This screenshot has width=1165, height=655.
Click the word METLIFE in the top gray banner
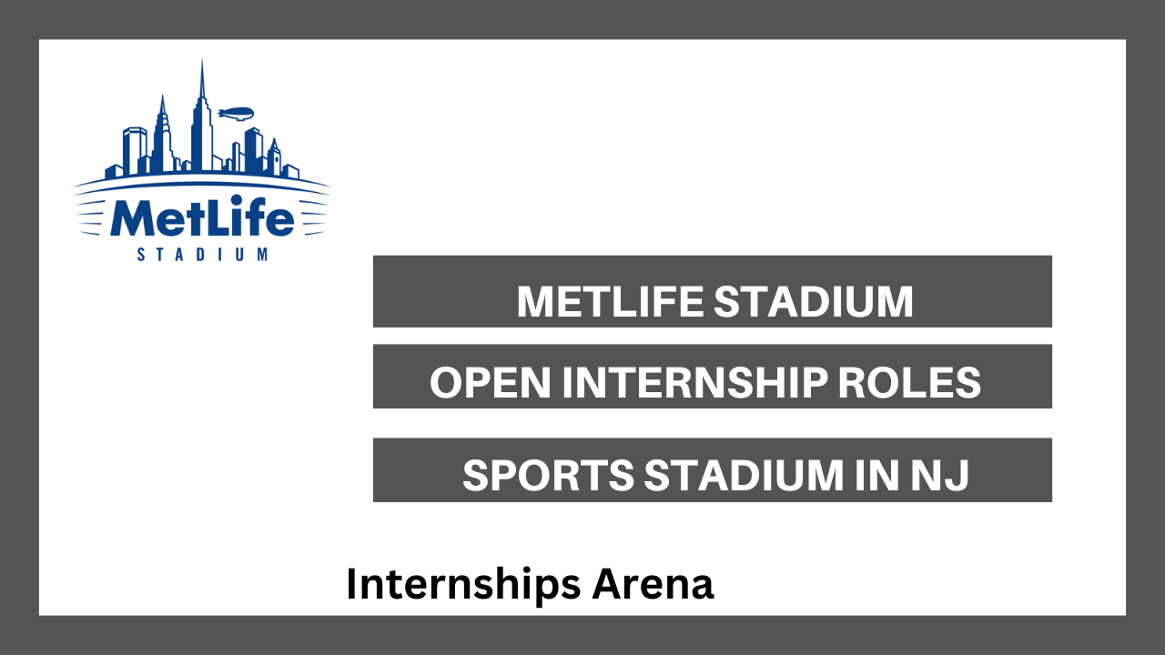610,301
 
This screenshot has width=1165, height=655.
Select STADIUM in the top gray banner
814,301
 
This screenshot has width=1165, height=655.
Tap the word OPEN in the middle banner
490,383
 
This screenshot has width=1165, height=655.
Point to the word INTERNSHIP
694,383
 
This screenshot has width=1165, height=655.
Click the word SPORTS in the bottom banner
548,475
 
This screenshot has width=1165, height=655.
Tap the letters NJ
940,475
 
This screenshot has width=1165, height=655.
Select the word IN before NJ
876,475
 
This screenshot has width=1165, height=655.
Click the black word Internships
463,585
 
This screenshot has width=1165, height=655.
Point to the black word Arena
653,584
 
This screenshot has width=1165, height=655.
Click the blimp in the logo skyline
236,114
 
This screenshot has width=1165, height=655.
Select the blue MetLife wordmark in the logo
202,216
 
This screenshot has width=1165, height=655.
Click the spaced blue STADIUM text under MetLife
202,254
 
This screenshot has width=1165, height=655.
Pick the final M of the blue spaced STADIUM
263,254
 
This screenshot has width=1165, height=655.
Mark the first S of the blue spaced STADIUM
140,254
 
